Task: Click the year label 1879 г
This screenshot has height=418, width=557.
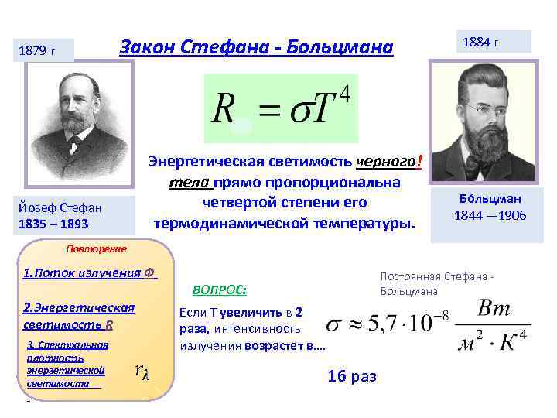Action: (42, 51)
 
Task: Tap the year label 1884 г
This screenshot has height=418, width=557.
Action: (481, 41)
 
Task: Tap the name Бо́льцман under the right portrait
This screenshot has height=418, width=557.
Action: (490, 198)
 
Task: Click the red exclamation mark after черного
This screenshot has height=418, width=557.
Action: (419, 162)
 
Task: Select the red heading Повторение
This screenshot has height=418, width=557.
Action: (96, 248)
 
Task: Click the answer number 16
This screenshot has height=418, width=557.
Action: (337, 375)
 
